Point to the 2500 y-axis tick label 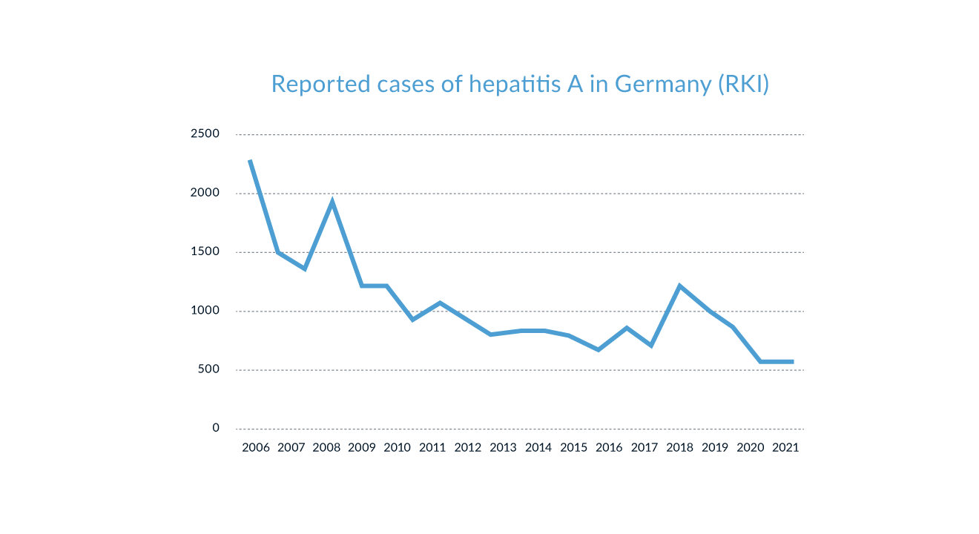coord(205,134)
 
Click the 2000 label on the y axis coord(205,193)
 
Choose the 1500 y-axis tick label coord(205,252)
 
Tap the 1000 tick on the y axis coord(205,311)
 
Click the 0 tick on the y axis coord(216,428)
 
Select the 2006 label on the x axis coord(256,446)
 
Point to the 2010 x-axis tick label coord(398,446)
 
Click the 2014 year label coord(538,446)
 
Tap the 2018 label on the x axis coord(680,446)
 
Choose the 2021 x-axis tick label coord(785,446)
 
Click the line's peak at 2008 coord(332,201)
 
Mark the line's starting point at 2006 coord(250,160)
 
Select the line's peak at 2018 coord(680,286)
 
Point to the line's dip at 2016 coord(598,349)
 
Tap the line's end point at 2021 coord(792,362)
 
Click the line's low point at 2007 coord(305,268)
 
